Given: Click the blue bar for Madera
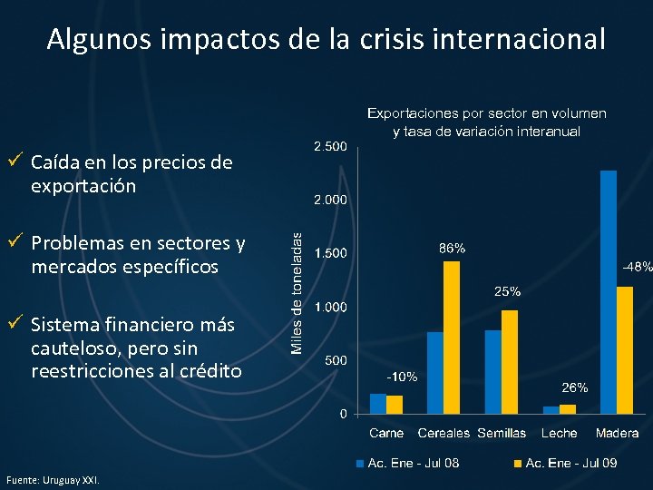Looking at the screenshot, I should point(609,291).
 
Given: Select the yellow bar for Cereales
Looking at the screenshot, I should point(452,337).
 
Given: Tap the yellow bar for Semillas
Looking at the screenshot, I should point(510,361).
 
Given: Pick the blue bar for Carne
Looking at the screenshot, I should point(377,403).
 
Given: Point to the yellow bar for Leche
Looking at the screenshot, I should point(568,408).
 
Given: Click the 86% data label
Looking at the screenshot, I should point(453,248).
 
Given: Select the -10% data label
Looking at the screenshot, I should point(402,377).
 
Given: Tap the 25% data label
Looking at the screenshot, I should point(507,291).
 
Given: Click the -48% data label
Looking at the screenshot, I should point(637,267).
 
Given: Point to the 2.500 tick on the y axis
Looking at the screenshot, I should point(329,146).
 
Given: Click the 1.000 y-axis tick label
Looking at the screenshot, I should point(329,308).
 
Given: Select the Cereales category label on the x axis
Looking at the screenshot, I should point(444,434).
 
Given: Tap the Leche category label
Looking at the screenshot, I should point(560,434).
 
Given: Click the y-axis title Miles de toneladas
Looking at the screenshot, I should point(295,279).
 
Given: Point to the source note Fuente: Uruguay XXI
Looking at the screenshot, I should point(53,479).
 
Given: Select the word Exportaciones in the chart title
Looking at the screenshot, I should point(412,113).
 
